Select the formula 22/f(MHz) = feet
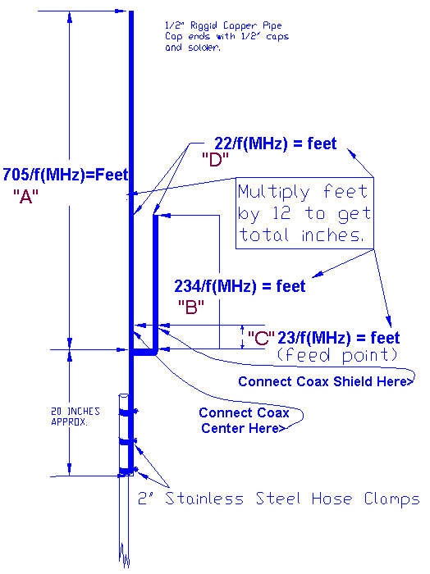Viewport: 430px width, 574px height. (x=264, y=143)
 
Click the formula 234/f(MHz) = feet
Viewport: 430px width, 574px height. (x=240, y=286)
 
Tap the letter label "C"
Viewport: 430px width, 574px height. (x=261, y=336)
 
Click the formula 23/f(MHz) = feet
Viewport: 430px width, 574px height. (x=338, y=338)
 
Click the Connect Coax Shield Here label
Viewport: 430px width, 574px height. (x=325, y=381)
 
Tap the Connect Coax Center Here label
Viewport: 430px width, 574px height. (x=244, y=420)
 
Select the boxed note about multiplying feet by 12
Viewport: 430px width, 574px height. (x=304, y=213)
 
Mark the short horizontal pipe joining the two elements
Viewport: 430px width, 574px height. (x=144, y=351)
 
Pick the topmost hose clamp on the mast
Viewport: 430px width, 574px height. (x=126, y=411)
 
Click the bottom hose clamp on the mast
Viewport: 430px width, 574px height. (x=126, y=471)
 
